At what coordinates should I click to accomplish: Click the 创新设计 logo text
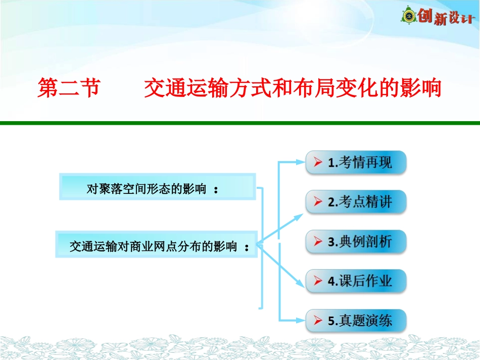coord(446,17)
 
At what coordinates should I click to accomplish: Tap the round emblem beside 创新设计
coord(408,17)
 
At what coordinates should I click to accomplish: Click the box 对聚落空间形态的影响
coord(157,187)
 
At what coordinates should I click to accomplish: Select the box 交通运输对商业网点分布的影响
coord(156,245)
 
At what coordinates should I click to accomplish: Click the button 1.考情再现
coord(356,163)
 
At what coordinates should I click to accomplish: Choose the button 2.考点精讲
coord(356,202)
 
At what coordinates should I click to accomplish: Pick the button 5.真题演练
coord(356,321)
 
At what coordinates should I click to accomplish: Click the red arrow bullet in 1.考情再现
coord(318,163)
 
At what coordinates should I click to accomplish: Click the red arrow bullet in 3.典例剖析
coord(318,242)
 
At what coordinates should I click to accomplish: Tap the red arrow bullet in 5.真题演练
coord(318,321)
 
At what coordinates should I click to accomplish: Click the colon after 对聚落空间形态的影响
coord(217,190)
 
